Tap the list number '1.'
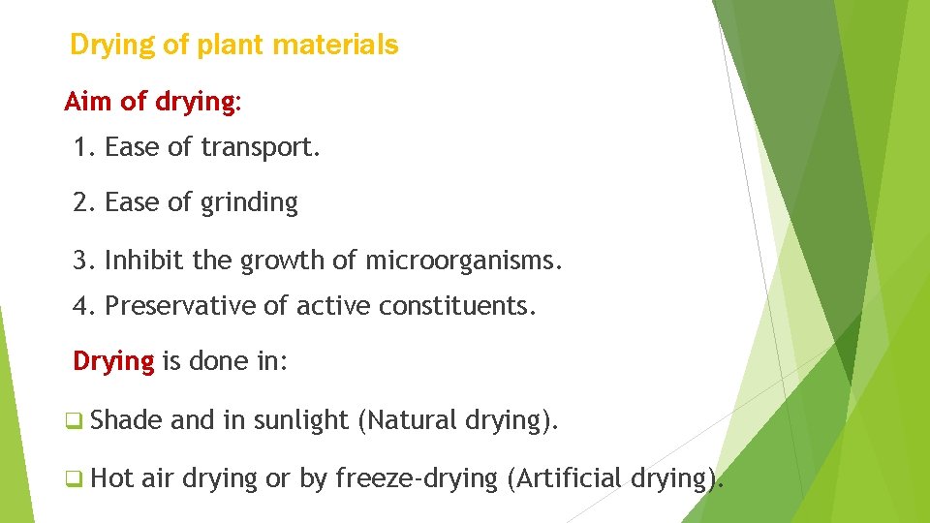(x=84, y=147)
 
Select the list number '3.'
(x=84, y=260)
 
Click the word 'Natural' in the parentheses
(x=411, y=420)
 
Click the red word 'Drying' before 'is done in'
(x=113, y=362)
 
